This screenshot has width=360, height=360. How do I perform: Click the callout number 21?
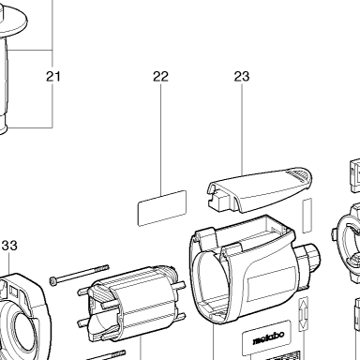coord(53,76)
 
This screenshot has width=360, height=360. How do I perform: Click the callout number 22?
coord(160,76)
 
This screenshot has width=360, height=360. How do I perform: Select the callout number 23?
coord(242,76)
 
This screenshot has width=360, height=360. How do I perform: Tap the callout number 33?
coord(9,246)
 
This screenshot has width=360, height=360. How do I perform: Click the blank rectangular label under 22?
coord(162,208)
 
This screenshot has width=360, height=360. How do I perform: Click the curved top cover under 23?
coord(261,189)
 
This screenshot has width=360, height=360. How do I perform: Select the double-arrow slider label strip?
coord(304,314)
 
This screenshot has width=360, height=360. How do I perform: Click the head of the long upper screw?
coord(52,281)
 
